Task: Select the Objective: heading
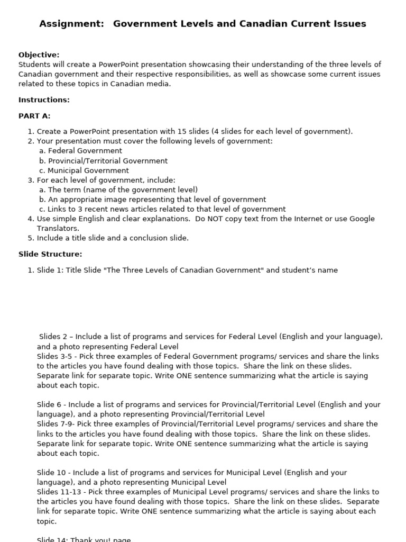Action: [x=39, y=55]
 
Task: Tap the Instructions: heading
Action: [x=44, y=100]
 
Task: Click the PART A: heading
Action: [x=34, y=116]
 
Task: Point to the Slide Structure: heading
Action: [x=50, y=255]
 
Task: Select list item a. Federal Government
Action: [x=80, y=151]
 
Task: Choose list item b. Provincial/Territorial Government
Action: [x=103, y=161]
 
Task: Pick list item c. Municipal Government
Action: [x=84, y=170]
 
